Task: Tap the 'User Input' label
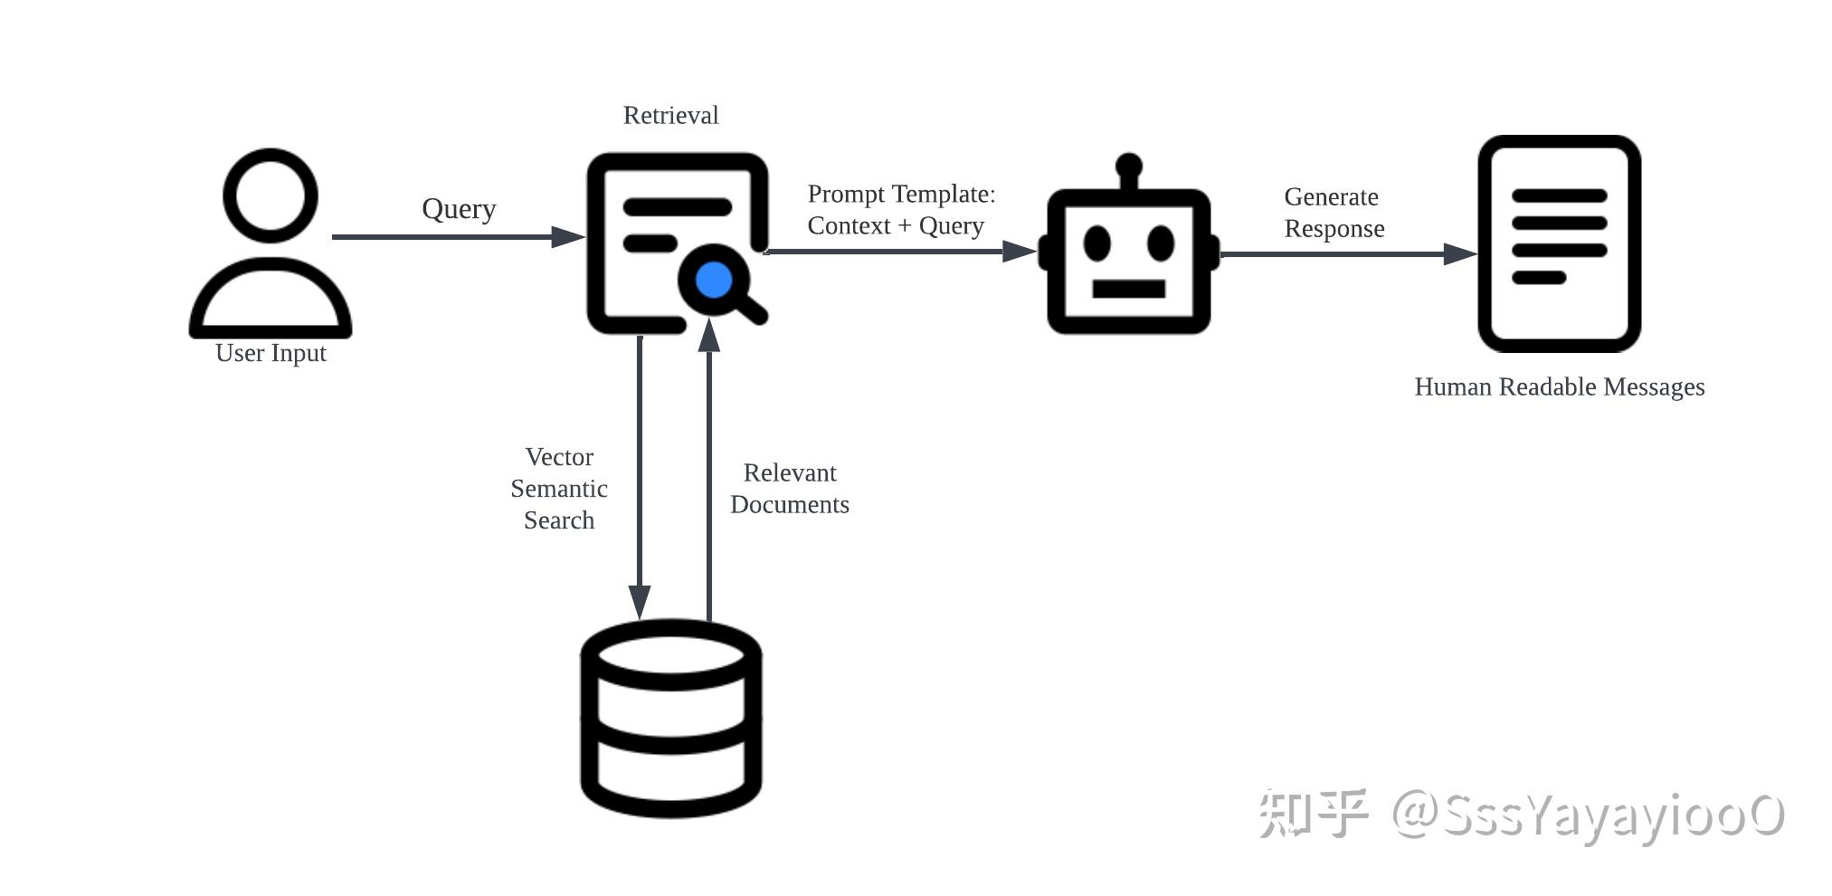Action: click(x=271, y=353)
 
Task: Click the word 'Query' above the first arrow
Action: click(x=459, y=209)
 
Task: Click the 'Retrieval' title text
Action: click(x=670, y=116)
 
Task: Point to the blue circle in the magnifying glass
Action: click(x=714, y=280)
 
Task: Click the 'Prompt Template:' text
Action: click(x=901, y=195)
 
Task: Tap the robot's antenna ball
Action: click(x=1128, y=166)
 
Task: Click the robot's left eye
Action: click(x=1096, y=243)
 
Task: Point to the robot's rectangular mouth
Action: click(x=1128, y=290)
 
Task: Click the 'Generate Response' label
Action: click(x=1334, y=213)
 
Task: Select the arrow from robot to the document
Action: click(x=1348, y=254)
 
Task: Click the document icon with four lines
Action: click(x=1559, y=243)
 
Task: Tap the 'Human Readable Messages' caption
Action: click(x=1559, y=387)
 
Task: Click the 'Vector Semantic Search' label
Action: click(x=559, y=489)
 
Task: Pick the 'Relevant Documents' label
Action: click(x=789, y=489)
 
